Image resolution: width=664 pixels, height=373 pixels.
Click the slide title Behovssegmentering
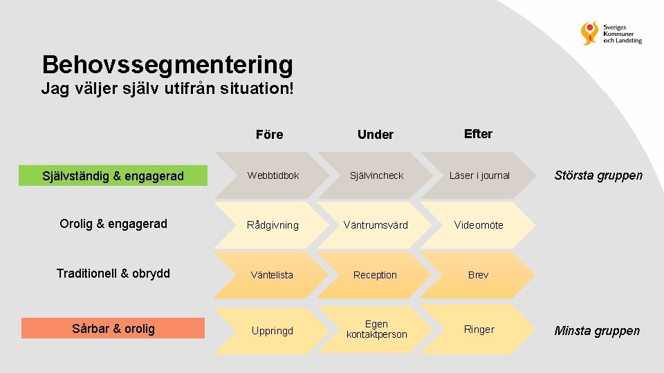point(167,65)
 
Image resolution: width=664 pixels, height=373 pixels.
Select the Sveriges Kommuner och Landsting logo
point(611,32)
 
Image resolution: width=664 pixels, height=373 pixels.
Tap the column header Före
point(269,135)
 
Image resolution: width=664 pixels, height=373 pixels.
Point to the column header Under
point(376,135)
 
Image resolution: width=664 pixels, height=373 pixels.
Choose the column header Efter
point(478,134)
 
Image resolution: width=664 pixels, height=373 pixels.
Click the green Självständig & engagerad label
point(113,176)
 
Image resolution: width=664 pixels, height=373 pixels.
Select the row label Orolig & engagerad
point(113,224)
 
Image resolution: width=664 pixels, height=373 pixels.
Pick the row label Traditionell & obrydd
point(113,274)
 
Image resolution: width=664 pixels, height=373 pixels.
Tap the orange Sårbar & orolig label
point(113,328)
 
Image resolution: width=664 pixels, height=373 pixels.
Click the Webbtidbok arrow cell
point(273,175)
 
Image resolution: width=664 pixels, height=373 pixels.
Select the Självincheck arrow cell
point(376,175)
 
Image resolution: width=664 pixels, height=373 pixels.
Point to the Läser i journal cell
point(479,175)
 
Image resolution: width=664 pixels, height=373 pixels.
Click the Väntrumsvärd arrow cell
point(376,225)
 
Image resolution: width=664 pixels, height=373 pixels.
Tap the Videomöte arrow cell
point(479,225)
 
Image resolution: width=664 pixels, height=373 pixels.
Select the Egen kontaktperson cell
point(376,329)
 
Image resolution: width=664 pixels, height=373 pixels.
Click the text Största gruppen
point(598,175)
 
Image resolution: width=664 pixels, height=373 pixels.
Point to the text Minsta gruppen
point(597,331)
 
